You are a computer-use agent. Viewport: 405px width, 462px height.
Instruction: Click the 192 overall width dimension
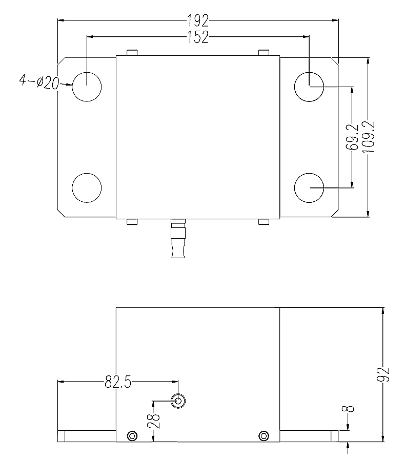pyautogui.click(x=197, y=20)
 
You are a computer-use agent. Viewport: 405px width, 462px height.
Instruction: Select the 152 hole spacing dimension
pyautogui.click(x=197, y=37)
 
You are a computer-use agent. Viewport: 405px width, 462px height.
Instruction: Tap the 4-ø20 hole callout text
pyautogui.click(x=39, y=81)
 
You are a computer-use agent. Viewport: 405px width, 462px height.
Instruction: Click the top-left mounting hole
pyautogui.click(x=87, y=86)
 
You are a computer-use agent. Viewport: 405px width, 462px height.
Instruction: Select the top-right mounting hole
pyautogui.click(x=309, y=86)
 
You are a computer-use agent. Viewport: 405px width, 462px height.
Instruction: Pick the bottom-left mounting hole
pyautogui.click(x=87, y=187)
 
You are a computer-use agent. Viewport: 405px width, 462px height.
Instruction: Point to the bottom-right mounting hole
pyautogui.click(x=309, y=187)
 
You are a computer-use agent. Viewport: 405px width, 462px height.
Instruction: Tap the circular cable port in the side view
pyautogui.click(x=178, y=401)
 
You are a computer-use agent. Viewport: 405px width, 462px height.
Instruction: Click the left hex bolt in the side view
pyautogui.click(x=132, y=436)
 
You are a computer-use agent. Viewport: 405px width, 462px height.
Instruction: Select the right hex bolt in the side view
pyautogui.click(x=264, y=436)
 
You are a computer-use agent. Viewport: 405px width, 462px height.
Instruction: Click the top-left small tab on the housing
pyautogui.click(x=132, y=53)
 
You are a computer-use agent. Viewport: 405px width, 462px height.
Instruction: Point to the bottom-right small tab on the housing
pyautogui.click(x=264, y=222)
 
